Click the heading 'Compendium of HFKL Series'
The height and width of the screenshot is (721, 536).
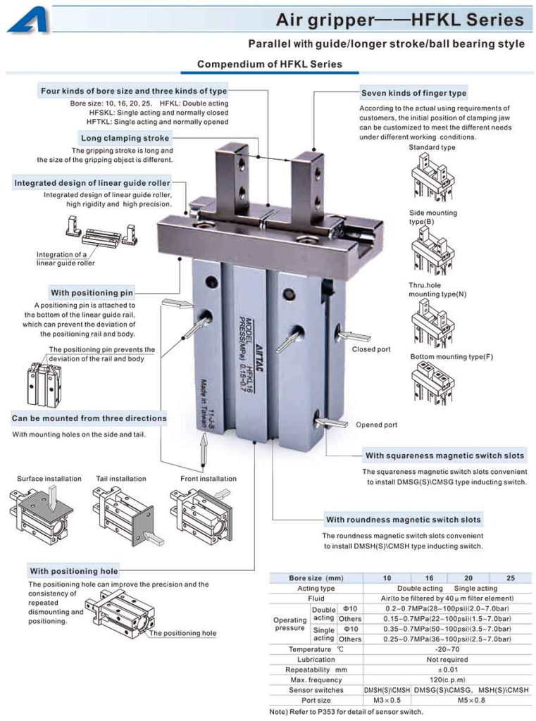269,64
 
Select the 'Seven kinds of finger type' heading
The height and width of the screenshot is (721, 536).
413,93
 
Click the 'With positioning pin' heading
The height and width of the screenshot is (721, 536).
92,292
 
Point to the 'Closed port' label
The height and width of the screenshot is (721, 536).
371,349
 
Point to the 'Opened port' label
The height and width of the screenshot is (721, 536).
376,425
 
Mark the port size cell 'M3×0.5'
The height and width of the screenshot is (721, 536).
387,701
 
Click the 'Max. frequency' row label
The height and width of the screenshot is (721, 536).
316,680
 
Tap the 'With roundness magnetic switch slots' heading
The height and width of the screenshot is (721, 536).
403,520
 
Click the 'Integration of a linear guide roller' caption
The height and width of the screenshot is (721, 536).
66,259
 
